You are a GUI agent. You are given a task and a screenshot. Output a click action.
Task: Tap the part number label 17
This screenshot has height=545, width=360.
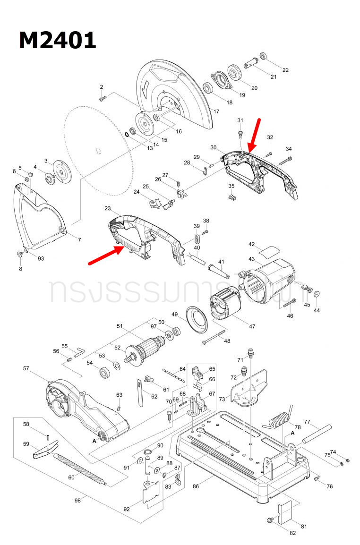[x=216, y=111]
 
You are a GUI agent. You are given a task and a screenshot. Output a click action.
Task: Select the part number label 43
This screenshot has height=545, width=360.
[x=251, y=259]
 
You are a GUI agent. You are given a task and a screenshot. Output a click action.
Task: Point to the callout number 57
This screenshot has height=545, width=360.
[x=26, y=368]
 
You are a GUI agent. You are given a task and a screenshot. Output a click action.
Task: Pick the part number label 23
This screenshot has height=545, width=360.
[x=107, y=208]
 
